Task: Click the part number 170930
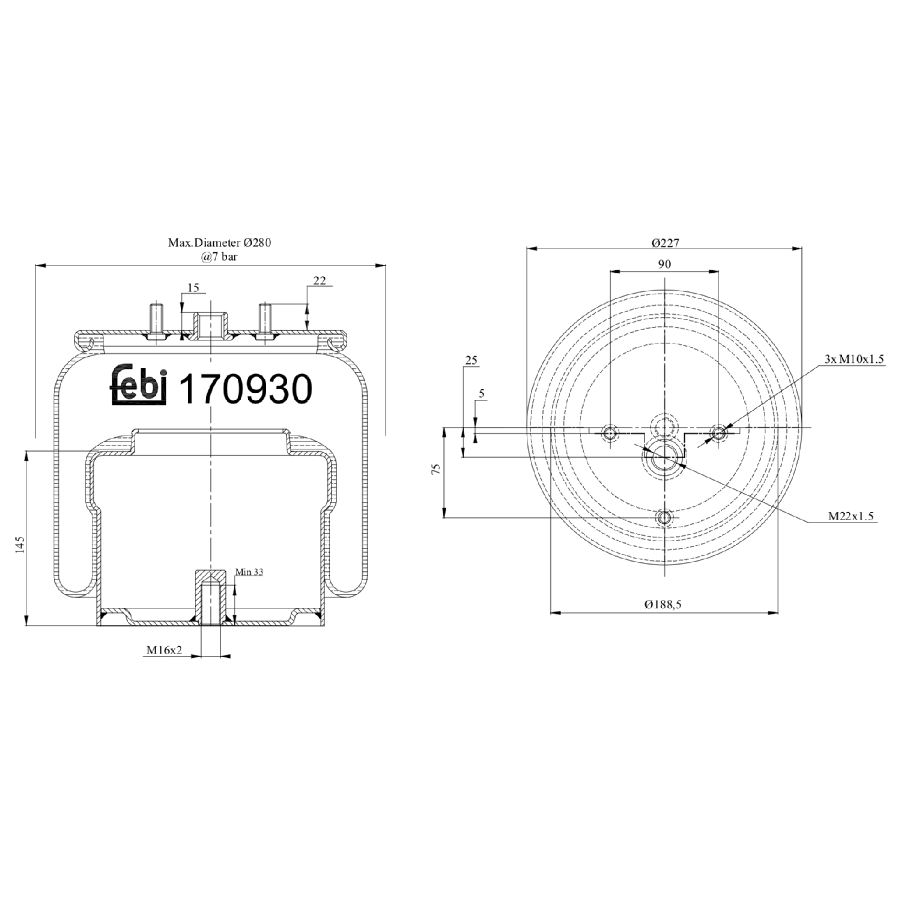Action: (x=246, y=389)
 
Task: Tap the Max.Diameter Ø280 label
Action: (x=219, y=243)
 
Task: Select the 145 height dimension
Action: (x=20, y=545)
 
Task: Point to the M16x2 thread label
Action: (x=163, y=650)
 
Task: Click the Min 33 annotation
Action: (x=249, y=572)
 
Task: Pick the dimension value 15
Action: (x=193, y=288)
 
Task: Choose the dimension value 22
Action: (x=320, y=281)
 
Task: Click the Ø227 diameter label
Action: (x=664, y=243)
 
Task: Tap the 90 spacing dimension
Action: (x=664, y=264)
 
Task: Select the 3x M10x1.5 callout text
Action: (x=854, y=359)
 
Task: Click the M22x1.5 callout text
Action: (x=851, y=516)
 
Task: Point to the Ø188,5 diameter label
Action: (x=663, y=604)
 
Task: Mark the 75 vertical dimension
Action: (x=437, y=469)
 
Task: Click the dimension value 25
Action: (x=471, y=360)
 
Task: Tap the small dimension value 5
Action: (x=482, y=394)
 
